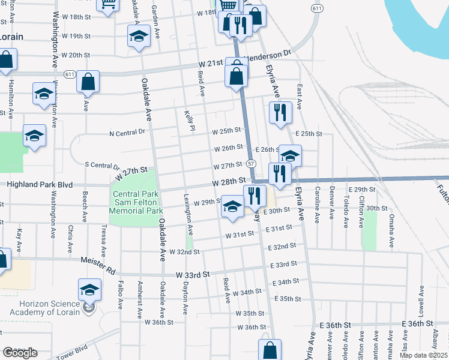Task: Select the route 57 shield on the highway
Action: pyautogui.click(x=251, y=164)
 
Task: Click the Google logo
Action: pyautogui.click(x=20, y=353)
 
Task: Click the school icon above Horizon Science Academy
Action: pyautogui.click(x=90, y=289)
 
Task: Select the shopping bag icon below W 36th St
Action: pyautogui.click(x=270, y=350)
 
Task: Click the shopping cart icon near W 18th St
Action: pyautogui.click(x=109, y=5)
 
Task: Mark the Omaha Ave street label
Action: pyautogui.click(x=391, y=231)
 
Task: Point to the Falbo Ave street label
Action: pyautogui.click(x=121, y=295)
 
